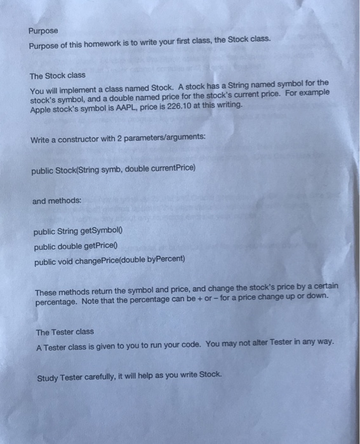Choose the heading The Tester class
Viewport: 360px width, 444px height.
[x=65, y=332]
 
